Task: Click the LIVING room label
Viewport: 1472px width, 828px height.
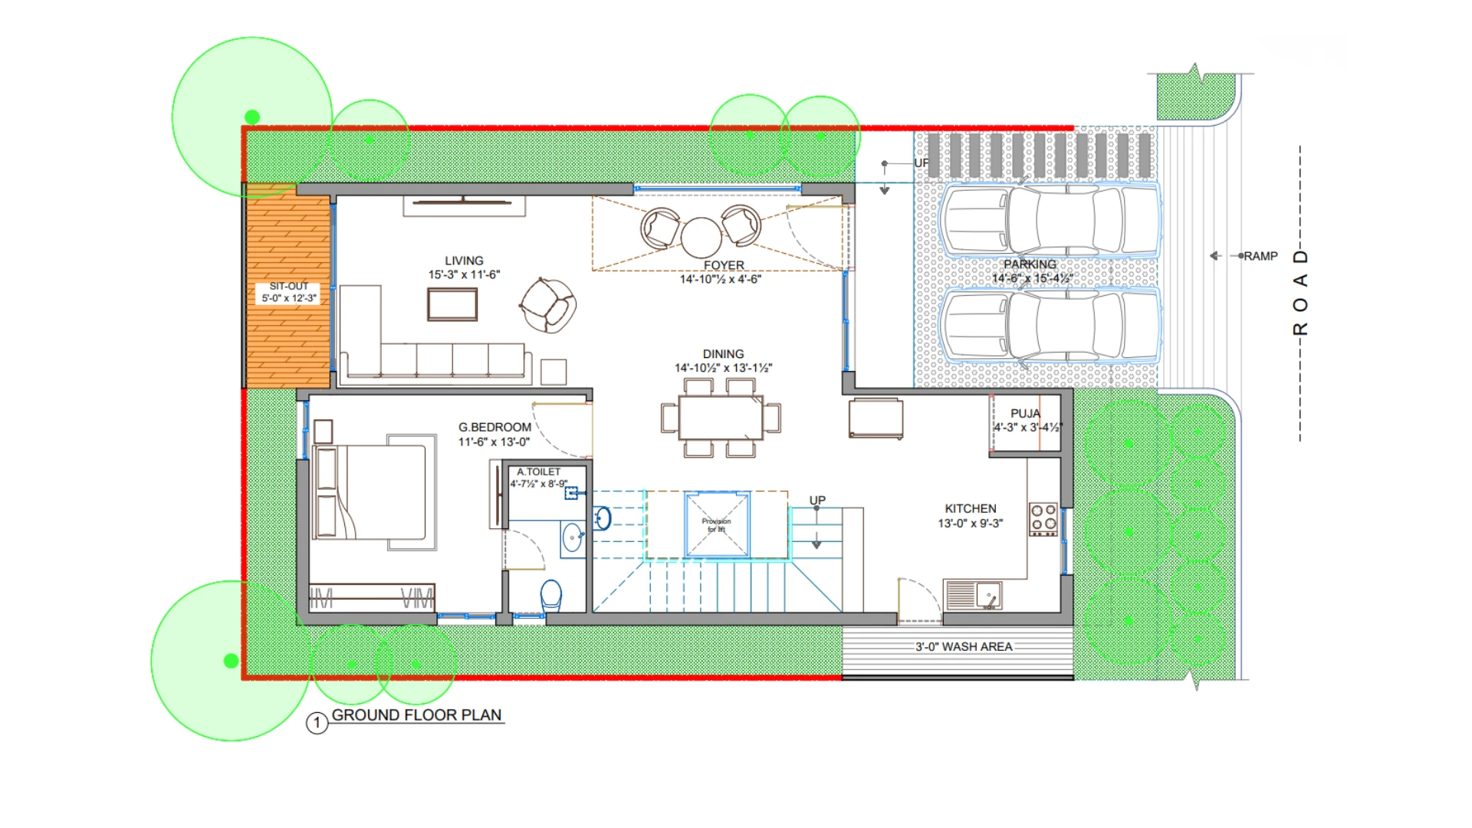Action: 464,261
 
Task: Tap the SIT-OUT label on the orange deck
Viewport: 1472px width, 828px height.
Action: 289,286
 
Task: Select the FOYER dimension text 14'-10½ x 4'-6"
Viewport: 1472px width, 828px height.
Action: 721,279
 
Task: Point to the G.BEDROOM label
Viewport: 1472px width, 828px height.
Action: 495,427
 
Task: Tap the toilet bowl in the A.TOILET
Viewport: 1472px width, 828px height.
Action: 550,595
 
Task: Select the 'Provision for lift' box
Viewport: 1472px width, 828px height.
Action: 716,524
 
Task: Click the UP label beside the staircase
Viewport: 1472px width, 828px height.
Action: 817,500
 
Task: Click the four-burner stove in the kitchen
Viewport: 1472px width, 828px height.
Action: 1043,518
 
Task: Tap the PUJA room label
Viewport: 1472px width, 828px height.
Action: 1025,413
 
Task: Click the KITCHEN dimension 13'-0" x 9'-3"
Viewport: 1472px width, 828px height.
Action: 970,523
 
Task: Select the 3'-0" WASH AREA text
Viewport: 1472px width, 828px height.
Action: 964,646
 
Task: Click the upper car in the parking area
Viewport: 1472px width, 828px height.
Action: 1050,219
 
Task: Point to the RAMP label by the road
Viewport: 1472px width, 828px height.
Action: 1260,256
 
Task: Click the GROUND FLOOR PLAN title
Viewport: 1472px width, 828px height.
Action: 416,715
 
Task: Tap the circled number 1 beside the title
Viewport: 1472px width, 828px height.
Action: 317,723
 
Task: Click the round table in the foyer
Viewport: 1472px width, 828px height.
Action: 701,237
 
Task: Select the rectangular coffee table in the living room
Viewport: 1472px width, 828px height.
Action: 452,304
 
